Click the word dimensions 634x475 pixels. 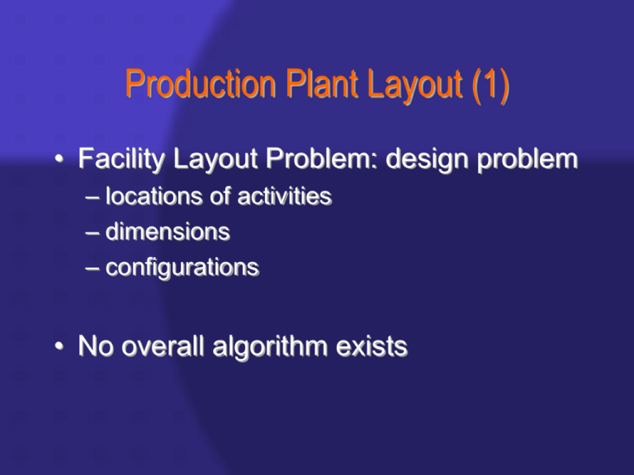coord(167,232)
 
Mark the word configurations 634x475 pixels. coord(182,268)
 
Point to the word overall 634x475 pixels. coord(169,346)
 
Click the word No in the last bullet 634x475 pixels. coord(96,346)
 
